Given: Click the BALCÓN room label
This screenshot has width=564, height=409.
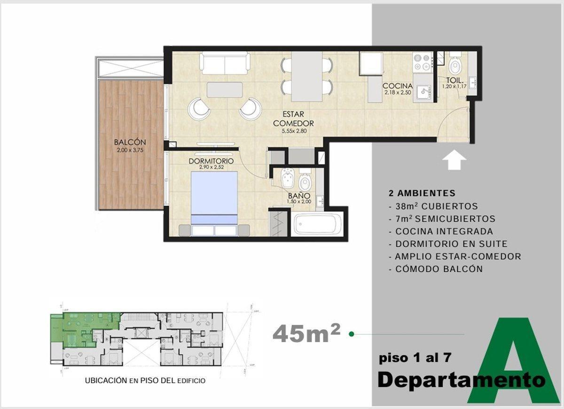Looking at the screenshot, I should pos(130,142).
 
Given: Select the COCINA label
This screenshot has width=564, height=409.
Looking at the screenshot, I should pos(397,86).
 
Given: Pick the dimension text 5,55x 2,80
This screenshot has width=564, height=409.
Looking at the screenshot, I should pos(294,131).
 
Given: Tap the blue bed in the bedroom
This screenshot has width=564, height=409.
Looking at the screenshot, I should pos(214,197).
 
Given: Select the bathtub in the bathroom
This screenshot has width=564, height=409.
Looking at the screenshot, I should pos(318,224).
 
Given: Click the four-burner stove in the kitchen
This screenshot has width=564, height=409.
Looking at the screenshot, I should pos(422,62).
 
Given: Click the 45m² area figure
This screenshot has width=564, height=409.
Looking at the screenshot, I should pos(306,333).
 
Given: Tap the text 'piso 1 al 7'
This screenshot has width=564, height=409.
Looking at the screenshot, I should pos(415,358).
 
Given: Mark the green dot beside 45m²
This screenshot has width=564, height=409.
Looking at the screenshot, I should pos(351,334).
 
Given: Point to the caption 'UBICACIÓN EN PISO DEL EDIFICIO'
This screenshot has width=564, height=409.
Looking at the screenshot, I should pos(145,380).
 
